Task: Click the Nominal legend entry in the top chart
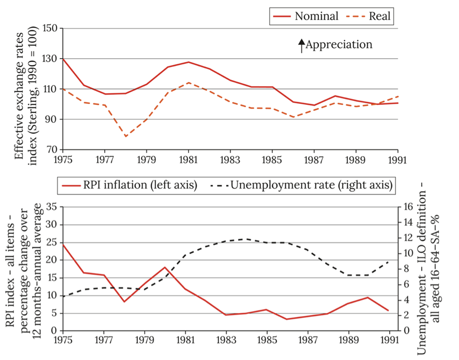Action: pyautogui.click(x=316, y=16)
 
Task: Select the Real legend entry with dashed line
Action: pyautogui.click(x=380, y=16)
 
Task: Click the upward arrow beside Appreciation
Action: pyautogui.click(x=301, y=45)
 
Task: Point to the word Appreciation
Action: pyautogui.click(x=339, y=45)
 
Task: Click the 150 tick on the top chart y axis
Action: pyautogui.click(x=50, y=28)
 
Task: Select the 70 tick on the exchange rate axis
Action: pyautogui.click(x=53, y=149)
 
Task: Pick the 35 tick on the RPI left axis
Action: pyautogui.click(x=52, y=207)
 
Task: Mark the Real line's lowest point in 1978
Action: pyautogui.click(x=125, y=136)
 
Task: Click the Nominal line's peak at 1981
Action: pyautogui.click(x=187, y=62)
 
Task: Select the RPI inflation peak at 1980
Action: pyautogui.click(x=165, y=267)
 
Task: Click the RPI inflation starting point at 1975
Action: pyautogui.click(x=64, y=244)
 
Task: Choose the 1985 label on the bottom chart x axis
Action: pyautogui.click(x=266, y=340)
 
